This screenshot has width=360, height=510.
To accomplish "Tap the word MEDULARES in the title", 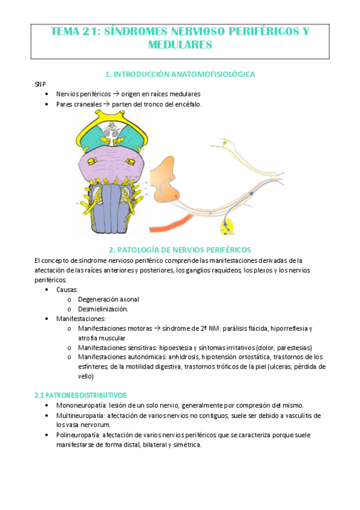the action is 180,45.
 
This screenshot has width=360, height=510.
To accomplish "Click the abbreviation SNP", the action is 40,84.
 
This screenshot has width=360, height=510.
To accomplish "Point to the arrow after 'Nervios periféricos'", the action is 116,94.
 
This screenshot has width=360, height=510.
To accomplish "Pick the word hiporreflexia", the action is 290,328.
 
